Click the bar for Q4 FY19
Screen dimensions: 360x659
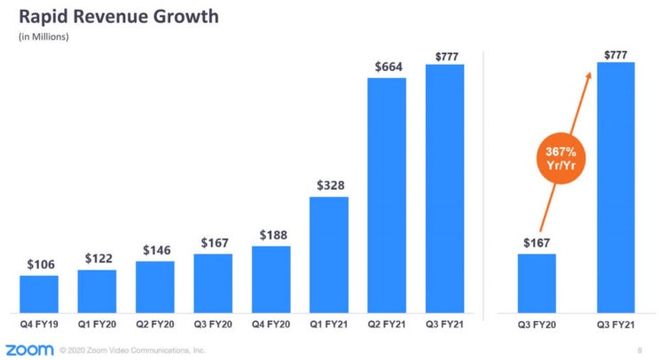38,290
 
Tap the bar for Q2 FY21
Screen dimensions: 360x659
387,192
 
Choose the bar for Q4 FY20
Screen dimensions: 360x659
271,276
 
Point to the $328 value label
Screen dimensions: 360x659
330,185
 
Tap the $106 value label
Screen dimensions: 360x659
40,264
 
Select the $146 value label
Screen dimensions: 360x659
155,250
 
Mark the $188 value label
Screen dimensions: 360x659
272,235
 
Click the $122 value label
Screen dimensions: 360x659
98,258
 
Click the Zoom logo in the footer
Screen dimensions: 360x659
27,349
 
